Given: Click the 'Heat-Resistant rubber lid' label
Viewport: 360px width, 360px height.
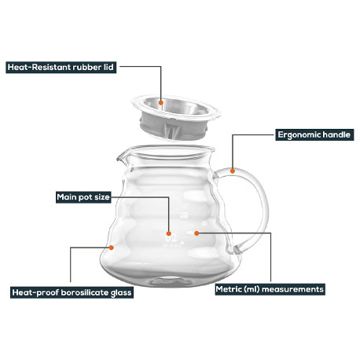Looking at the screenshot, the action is coord(61,68).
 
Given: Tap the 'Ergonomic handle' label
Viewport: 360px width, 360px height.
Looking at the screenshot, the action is coord(314,134).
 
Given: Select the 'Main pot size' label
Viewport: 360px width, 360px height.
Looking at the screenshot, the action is coord(83,197).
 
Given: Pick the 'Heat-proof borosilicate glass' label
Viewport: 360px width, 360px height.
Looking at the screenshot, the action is coord(72,292).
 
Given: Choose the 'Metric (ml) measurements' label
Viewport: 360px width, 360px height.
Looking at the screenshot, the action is coord(270,289).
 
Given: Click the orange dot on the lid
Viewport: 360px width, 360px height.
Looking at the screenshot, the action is coord(161,103).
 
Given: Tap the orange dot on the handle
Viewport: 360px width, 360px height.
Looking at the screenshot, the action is coord(233,171).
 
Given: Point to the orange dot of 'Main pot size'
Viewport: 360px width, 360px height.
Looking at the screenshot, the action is coord(169,233).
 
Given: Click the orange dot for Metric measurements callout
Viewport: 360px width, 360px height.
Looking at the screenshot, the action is coord(197,233).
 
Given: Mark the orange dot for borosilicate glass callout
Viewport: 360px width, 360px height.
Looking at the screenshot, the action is coord(112,248).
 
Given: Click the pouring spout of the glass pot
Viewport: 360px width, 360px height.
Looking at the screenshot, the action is coord(121,157).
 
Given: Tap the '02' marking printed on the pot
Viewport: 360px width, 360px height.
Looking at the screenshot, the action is coord(172,238).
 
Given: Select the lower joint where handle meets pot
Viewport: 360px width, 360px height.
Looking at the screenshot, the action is coord(238,250).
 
